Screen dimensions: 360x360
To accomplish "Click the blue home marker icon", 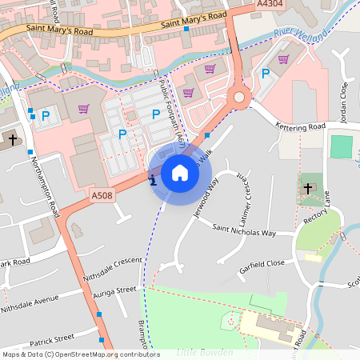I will click(180, 173).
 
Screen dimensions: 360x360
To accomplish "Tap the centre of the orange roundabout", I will click(238, 98).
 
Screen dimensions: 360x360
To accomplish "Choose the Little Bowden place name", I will click(206, 352).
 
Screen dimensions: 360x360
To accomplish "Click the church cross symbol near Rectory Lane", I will click(308, 189).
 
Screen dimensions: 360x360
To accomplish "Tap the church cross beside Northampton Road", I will click(12, 141).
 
